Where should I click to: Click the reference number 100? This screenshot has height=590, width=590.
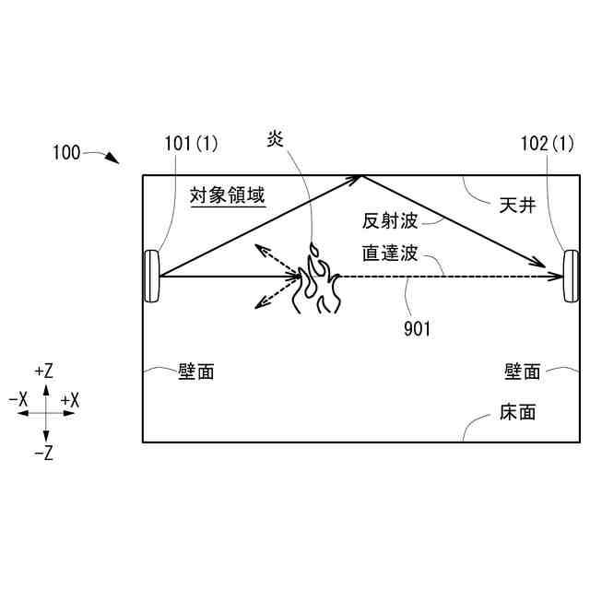[66, 153]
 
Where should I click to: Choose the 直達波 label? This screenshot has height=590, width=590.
[391, 253]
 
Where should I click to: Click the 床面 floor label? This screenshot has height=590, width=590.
[517, 412]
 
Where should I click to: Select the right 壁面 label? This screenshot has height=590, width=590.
[522, 372]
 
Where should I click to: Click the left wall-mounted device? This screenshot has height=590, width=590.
[151, 277]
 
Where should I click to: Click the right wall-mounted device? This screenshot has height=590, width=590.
[571, 277]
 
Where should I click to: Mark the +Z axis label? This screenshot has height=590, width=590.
[43, 372]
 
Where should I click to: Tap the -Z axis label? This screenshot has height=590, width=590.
[43, 454]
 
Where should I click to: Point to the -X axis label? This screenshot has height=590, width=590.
[18, 401]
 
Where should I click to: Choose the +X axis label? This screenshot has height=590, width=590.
[70, 401]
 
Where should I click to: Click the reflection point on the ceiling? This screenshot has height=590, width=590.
[360, 175]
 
